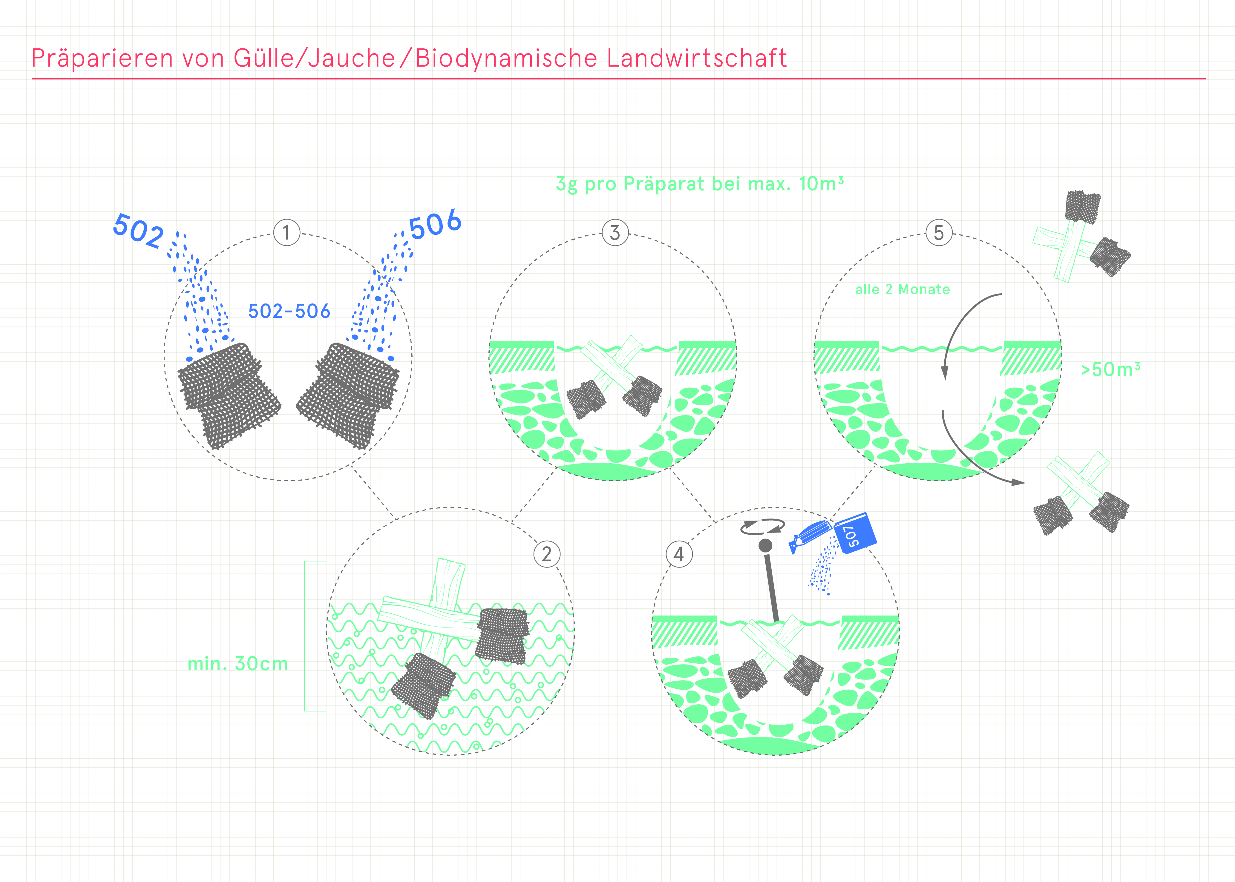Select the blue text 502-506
click(289, 311)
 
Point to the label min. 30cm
click(237, 664)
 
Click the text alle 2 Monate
click(902, 289)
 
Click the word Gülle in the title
click(263, 58)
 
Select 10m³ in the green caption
click(821, 184)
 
